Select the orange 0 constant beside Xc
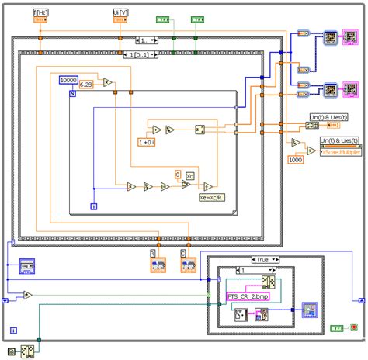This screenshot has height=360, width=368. [x=177, y=175]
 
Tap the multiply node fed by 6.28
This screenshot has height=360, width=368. [x=108, y=83]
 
